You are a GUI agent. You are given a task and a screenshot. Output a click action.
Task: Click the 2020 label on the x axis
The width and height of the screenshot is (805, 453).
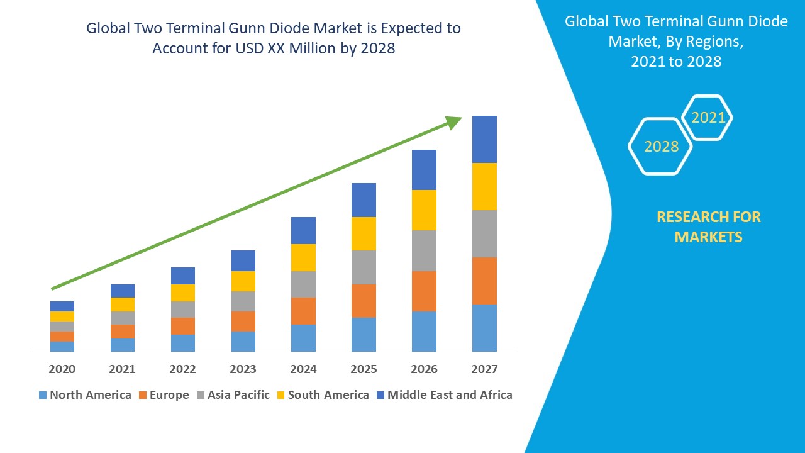click(62, 369)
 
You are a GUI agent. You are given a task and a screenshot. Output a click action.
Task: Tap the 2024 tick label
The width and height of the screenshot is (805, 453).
click(303, 369)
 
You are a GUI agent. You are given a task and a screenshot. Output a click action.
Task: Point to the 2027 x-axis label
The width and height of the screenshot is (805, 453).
click(484, 369)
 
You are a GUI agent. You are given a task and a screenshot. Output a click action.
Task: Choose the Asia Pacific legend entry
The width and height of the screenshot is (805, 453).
click(233, 395)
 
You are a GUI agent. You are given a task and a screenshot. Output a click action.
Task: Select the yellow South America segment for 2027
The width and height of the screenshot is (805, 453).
click(484, 186)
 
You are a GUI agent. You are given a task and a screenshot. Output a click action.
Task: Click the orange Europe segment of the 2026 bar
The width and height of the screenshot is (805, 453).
click(424, 291)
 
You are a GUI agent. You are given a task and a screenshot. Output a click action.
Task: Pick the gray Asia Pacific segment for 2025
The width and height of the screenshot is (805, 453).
click(364, 267)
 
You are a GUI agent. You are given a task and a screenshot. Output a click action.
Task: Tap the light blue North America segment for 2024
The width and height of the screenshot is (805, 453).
click(303, 338)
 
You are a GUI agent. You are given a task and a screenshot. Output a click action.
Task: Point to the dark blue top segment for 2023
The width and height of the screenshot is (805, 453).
click(243, 260)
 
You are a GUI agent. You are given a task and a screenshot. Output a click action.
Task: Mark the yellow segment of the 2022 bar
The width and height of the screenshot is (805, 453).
click(183, 293)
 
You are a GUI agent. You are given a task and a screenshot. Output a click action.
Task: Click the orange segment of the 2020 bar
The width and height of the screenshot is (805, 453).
click(62, 337)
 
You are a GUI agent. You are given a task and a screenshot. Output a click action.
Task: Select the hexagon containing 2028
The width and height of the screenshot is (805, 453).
click(660, 147)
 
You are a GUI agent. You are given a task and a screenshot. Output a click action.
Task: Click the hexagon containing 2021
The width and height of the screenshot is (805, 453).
click(708, 118)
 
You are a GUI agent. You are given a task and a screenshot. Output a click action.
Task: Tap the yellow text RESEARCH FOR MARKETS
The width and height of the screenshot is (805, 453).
click(708, 226)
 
